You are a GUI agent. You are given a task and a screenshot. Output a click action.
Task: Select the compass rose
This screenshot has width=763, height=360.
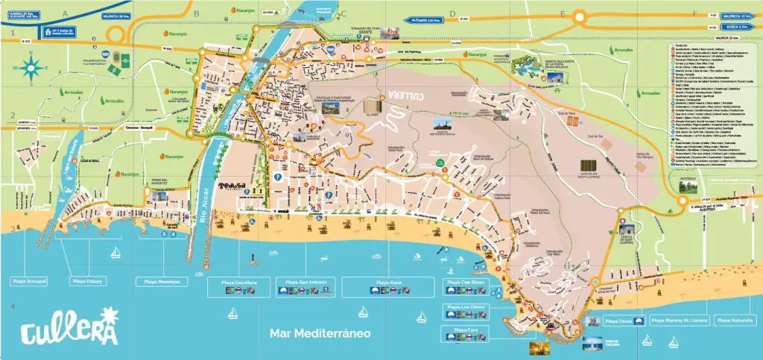point(31,69)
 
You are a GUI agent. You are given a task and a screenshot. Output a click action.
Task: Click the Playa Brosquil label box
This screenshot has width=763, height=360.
point(29,282)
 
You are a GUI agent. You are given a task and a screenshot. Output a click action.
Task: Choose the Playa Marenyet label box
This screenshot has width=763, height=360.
point(157,282)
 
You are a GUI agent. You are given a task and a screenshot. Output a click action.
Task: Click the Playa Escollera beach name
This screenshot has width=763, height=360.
point(239,282)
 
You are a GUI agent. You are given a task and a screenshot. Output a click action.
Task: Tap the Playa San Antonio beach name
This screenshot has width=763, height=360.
point(306,282)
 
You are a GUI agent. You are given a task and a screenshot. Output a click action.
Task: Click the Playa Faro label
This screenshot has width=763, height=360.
point(466,329)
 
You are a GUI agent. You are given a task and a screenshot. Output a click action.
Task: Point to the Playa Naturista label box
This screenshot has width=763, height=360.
point(734,320)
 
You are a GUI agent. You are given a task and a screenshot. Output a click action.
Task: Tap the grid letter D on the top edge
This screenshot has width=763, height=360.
point(451,13)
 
